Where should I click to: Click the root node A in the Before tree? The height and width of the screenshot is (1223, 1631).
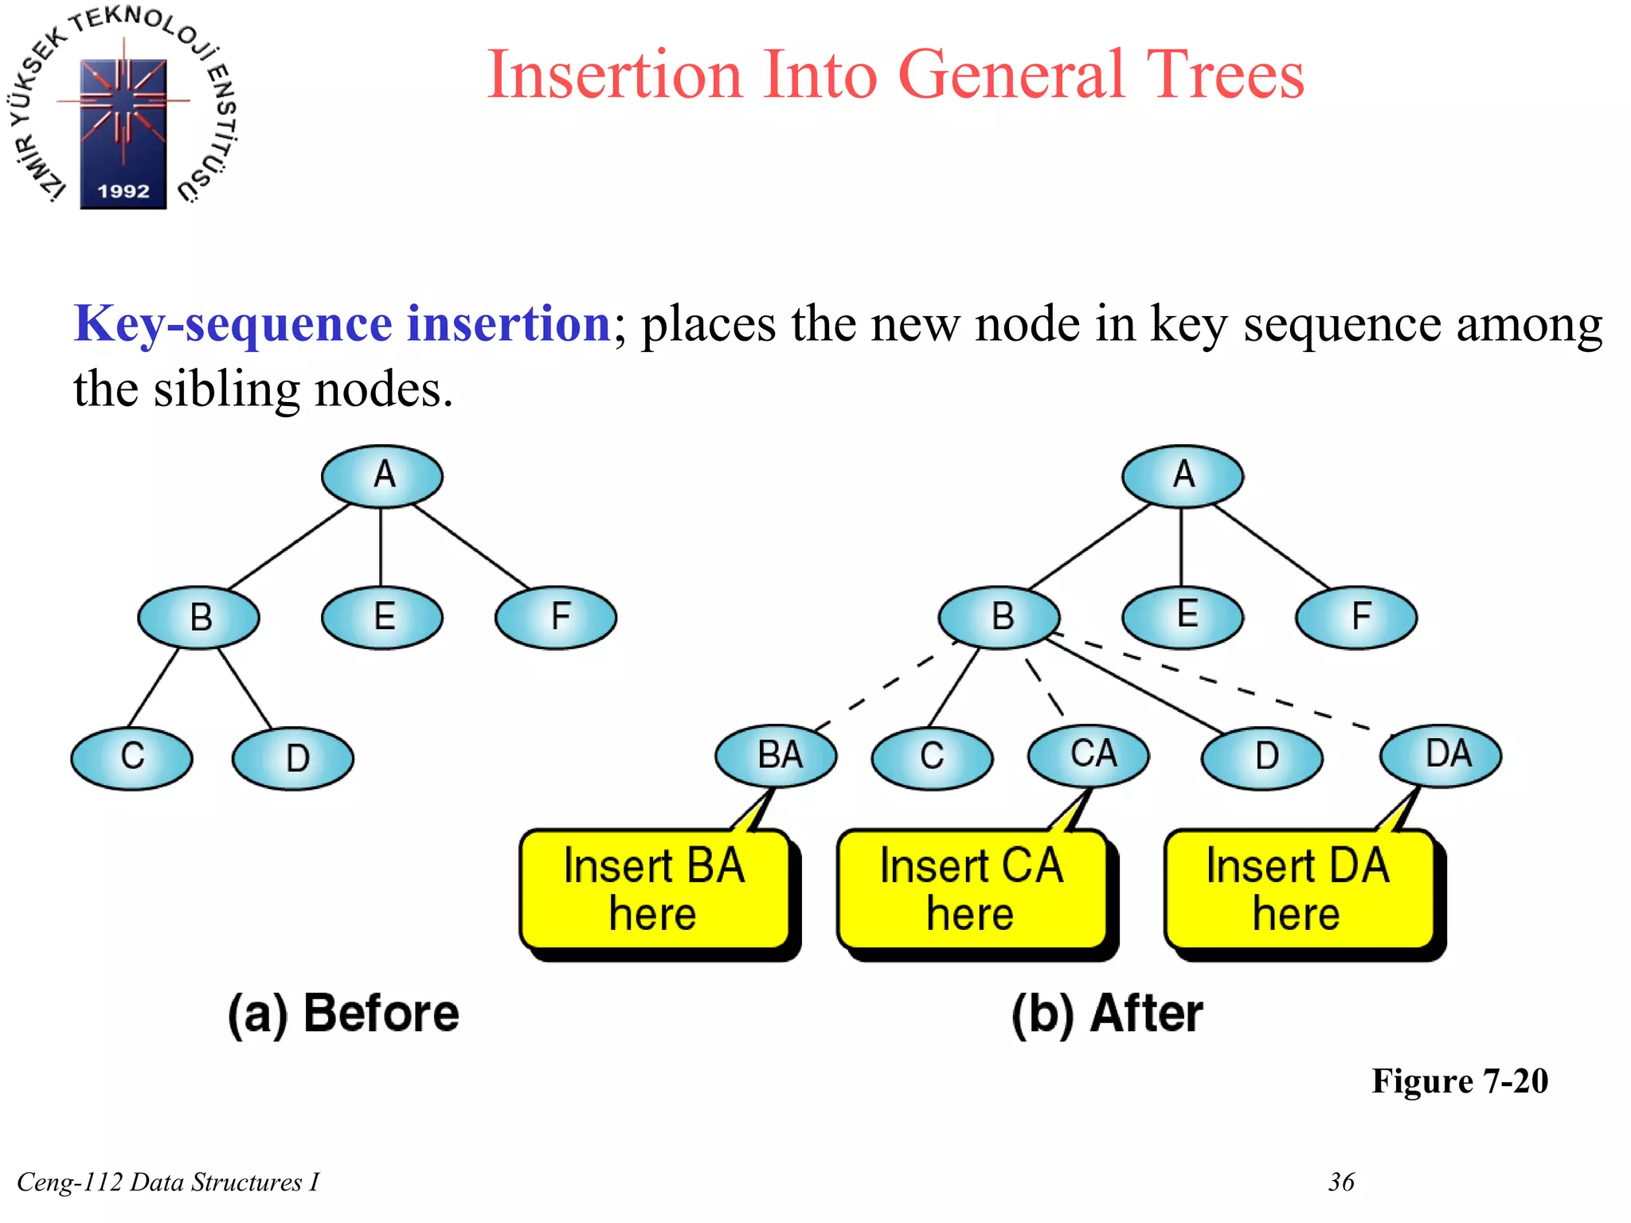coord(382,475)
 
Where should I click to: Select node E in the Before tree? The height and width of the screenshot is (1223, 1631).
coord(382,617)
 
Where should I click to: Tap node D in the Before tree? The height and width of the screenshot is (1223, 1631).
coord(293,758)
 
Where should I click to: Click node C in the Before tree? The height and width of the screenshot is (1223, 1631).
coord(131,757)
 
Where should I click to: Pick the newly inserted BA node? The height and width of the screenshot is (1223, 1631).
coord(776,755)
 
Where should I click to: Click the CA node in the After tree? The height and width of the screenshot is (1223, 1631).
coord(1089,754)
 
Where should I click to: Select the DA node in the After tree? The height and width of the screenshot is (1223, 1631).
coord(1441,754)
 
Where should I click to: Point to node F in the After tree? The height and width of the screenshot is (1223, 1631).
coord(1356,617)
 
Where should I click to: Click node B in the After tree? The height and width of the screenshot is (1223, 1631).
coord(999,617)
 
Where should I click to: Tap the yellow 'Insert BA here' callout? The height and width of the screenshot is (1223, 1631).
coord(655,889)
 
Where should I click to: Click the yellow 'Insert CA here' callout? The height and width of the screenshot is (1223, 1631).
coord(972,889)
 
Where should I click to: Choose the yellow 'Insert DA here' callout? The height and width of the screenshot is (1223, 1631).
coord(1298,889)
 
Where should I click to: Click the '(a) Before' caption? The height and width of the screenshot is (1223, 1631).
coord(343,1014)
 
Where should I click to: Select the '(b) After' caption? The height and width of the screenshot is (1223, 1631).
coord(1107,1014)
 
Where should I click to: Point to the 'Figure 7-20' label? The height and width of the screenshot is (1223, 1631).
coord(1459,1080)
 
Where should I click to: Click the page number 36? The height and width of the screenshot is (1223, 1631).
coord(1341,1182)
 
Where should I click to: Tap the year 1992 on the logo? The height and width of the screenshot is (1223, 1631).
coord(123,191)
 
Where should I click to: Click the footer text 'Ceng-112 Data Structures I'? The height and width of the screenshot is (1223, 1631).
coord(168,1182)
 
